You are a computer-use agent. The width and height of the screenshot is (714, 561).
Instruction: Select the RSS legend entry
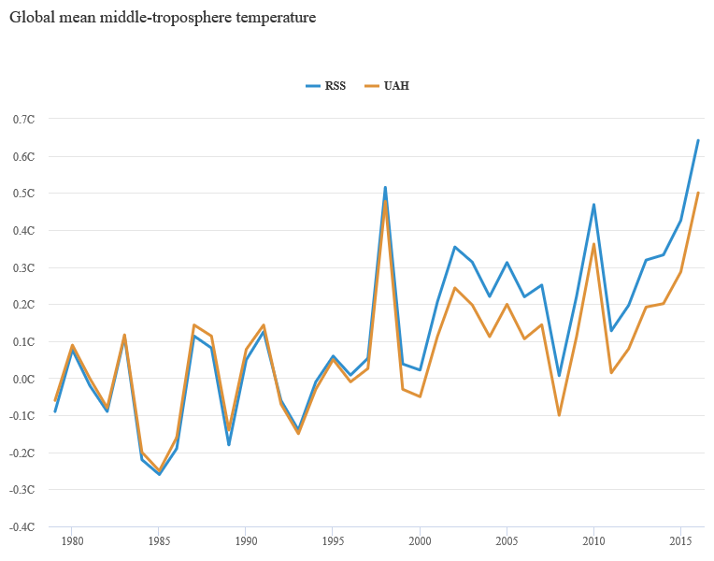point(326,86)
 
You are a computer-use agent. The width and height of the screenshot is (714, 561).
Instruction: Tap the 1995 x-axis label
point(333,540)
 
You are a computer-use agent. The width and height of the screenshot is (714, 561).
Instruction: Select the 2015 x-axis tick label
point(680,540)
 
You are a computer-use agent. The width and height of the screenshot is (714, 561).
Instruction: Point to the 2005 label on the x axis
point(507,540)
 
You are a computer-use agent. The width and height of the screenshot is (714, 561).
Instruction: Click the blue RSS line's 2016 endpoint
point(698,140)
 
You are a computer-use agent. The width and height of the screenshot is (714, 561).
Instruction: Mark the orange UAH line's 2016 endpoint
point(698,193)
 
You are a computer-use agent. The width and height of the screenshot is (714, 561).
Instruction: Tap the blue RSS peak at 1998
point(385,187)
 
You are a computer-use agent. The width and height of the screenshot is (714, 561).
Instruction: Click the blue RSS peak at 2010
point(593,205)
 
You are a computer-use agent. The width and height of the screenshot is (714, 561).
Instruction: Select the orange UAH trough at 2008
point(559,414)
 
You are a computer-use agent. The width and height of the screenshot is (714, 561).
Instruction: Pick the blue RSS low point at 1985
point(159,474)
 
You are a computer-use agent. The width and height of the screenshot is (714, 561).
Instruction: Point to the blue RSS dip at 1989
point(228,444)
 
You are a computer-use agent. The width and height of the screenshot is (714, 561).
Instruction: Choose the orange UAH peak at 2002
point(454,287)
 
